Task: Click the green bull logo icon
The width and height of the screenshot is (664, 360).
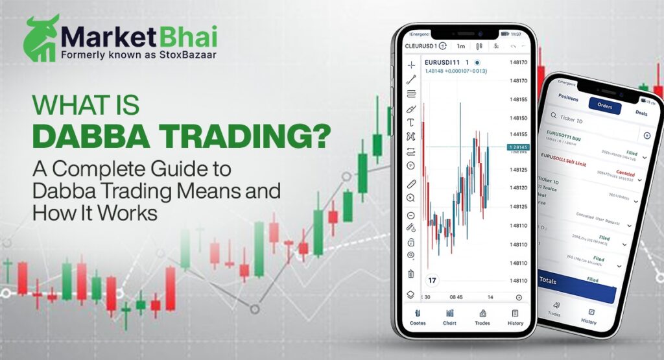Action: tap(41, 38)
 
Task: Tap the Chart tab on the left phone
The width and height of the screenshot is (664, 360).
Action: tap(449, 318)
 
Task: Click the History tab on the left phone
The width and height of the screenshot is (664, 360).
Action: tap(515, 318)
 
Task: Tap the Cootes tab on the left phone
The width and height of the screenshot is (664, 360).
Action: tap(418, 318)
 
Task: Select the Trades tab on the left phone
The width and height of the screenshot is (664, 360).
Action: tap(482, 318)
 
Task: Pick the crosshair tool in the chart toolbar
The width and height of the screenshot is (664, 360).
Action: tap(411, 65)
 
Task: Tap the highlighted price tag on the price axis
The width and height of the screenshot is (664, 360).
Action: tap(519, 147)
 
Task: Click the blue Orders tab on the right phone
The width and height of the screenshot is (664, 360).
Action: tap(604, 106)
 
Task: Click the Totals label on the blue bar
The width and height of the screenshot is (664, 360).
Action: tap(548, 282)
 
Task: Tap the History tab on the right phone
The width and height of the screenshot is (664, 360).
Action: tap(589, 318)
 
